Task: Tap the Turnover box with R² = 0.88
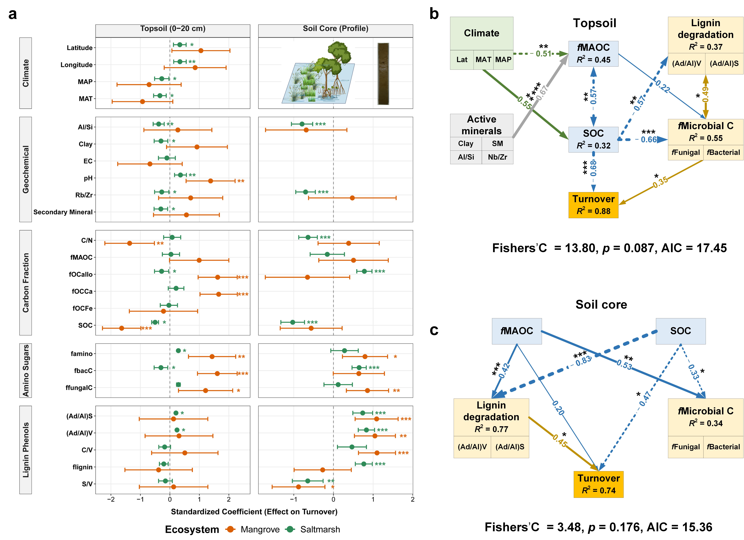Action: [x=593, y=205]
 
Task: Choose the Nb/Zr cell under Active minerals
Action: [x=497, y=157]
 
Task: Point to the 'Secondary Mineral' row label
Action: [x=63, y=212]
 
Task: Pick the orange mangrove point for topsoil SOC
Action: [x=122, y=328]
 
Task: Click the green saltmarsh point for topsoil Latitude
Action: [x=180, y=45]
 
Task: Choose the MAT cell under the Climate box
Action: [x=483, y=60]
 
